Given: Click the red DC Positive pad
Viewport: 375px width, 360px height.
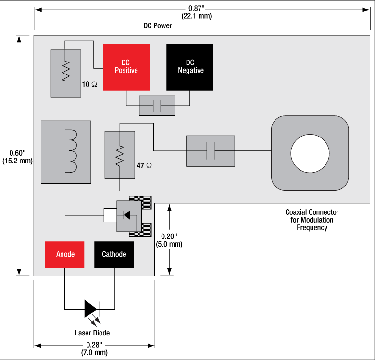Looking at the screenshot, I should [x=126, y=67].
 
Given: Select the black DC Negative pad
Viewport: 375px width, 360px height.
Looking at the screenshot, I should [x=189, y=67].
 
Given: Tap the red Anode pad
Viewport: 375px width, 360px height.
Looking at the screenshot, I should [x=65, y=254].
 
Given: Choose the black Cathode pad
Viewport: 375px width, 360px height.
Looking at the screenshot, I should [x=114, y=254].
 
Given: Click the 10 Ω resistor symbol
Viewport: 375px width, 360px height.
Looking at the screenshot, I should [x=65, y=72].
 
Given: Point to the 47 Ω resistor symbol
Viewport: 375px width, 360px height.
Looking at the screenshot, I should [x=120, y=155].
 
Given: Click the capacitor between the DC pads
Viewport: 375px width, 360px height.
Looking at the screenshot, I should [x=157, y=105].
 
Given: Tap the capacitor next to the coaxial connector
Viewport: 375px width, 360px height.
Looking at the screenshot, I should [x=210, y=151].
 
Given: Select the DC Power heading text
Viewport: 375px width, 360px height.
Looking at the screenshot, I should [x=158, y=26].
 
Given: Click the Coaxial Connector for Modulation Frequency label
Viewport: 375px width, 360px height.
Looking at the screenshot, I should [x=312, y=220].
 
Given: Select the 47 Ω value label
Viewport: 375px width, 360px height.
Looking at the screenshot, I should [x=145, y=165].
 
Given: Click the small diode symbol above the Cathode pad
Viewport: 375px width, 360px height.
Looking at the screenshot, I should [x=127, y=215].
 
